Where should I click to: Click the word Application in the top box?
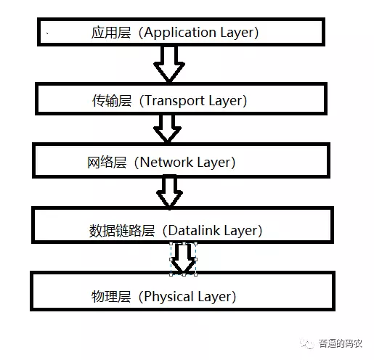pos(180,33)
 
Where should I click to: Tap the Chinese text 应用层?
pos(111,33)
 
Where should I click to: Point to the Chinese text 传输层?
pos(112,101)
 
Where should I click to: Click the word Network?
pos(166,162)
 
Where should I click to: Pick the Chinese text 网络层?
pos(107,163)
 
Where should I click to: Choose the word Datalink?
pos(194,230)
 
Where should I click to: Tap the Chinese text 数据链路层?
pos(122,231)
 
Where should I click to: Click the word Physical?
pos(168,296)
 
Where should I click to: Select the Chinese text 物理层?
pos(111,296)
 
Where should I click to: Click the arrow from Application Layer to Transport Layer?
pos(169,63)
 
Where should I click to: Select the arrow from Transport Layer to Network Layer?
pos(167,128)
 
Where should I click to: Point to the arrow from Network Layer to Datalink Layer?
pos(169,193)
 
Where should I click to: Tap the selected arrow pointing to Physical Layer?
pos(184,258)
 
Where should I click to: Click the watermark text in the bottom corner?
pos(341,343)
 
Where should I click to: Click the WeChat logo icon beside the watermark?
pos(307,343)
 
